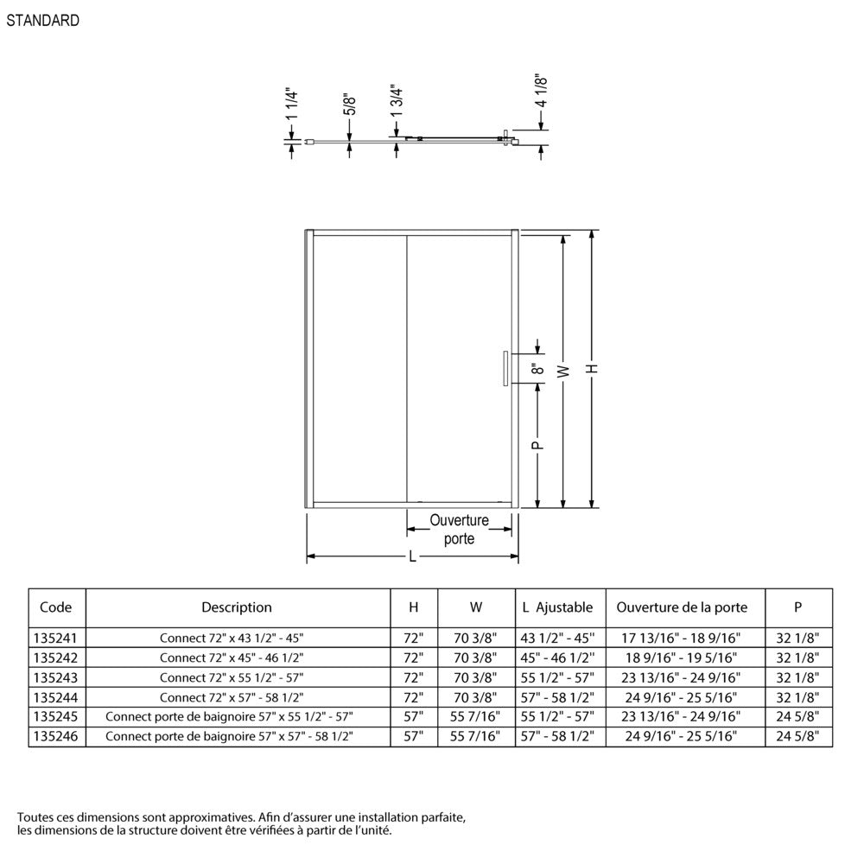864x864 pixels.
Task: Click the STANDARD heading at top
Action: pos(43,21)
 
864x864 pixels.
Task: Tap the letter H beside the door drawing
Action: pos(593,368)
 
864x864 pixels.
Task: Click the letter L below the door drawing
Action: pos(412,557)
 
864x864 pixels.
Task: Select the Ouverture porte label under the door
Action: pos(459,530)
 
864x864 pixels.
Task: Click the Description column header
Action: pos(237,607)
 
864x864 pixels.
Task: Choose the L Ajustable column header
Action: pos(557,607)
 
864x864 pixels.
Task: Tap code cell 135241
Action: pos(57,638)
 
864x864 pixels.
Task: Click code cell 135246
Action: pos(57,737)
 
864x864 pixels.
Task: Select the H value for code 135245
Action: pos(414,717)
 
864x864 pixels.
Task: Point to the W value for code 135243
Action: pos(476,678)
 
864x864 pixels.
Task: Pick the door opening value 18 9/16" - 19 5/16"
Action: pos(682,658)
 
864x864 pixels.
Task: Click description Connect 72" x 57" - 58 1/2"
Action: pos(232,697)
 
